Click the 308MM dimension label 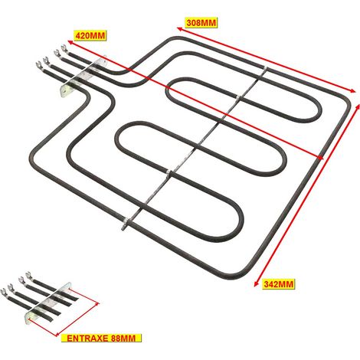[x=201, y=23]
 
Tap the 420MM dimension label [x=90, y=35]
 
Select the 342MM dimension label [x=279, y=284]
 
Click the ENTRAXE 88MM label [x=101, y=339]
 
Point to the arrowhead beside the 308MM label [x=179, y=29]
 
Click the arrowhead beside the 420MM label [x=70, y=42]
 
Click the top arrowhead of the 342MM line [x=358, y=107]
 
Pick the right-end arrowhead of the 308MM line [x=352, y=90]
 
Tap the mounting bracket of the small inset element [x=47, y=302]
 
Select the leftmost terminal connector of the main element [x=39, y=65]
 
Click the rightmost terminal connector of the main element [x=65, y=48]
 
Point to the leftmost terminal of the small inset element [x=4, y=292]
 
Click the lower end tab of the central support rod [x=124, y=225]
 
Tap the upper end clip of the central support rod [x=266, y=68]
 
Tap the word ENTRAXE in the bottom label [x=87, y=339]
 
